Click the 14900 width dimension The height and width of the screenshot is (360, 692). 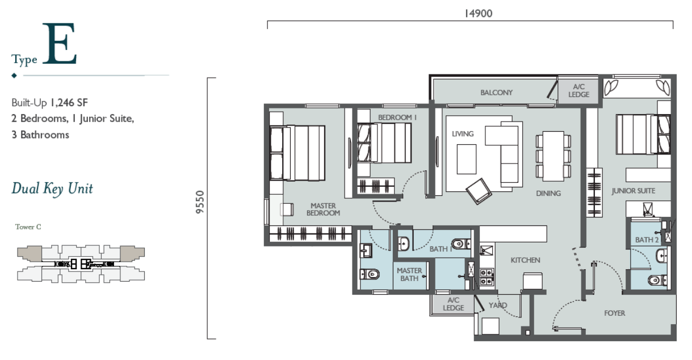pyautogui.click(x=479, y=14)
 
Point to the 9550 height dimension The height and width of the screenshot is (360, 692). pyautogui.click(x=200, y=202)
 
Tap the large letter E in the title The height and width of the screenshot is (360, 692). pyautogui.click(x=60, y=43)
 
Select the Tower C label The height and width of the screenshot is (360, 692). pyautogui.click(x=28, y=227)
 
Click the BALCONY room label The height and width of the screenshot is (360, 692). pyautogui.click(x=497, y=93)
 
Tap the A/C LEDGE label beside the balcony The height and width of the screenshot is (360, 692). pyautogui.click(x=579, y=90)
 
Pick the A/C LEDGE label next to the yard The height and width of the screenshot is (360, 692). pyautogui.click(x=454, y=304)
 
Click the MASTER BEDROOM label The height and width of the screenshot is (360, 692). pyautogui.click(x=323, y=209)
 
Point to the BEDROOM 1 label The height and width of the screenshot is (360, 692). pyautogui.click(x=397, y=118)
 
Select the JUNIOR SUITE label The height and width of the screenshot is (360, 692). pyautogui.click(x=634, y=191)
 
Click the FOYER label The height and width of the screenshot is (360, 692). pyautogui.click(x=614, y=313)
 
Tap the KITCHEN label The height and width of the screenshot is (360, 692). pyautogui.click(x=525, y=260)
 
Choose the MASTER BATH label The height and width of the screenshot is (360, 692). pyautogui.click(x=409, y=274)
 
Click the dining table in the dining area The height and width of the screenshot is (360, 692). pyautogui.click(x=553, y=156)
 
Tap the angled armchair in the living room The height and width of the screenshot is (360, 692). pyautogui.click(x=479, y=191)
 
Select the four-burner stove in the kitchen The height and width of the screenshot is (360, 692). pyautogui.click(x=487, y=277)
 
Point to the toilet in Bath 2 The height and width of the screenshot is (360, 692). pyautogui.click(x=657, y=281)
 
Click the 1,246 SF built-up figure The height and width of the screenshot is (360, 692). pyautogui.click(x=69, y=103)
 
